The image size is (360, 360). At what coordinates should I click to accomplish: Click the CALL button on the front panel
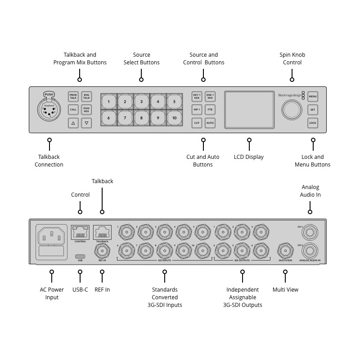tap(73, 109)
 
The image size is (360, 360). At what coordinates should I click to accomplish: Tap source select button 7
tap(125, 118)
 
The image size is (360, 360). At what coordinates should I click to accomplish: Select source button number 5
tap(174, 102)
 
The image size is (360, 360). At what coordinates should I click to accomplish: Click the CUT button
tap(197, 122)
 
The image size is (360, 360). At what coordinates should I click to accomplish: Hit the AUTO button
tap(210, 122)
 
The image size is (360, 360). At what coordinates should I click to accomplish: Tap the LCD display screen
tap(249, 109)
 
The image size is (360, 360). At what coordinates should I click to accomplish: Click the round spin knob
tap(292, 109)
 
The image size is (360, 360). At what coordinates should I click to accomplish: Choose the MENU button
tap(313, 96)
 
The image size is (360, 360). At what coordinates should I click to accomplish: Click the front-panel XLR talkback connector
tap(49, 110)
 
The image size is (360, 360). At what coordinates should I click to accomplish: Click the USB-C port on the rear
tap(80, 256)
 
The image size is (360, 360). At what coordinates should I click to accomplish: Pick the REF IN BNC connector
tap(102, 250)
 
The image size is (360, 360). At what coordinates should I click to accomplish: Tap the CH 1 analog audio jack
tap(310, 232)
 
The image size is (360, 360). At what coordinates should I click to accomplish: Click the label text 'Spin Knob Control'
tap(292, 58)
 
